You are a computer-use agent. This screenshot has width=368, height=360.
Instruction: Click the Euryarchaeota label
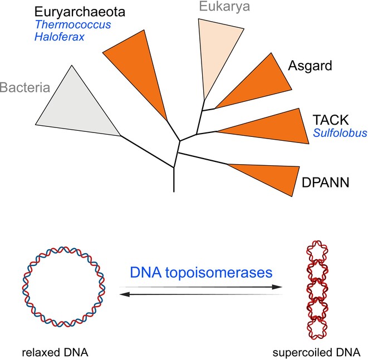pyautogui.click(x=80, y=12)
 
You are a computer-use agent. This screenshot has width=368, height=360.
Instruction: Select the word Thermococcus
pyautogui.click(x=73, y=24)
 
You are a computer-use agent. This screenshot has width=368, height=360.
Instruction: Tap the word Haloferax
pyautogui.click(x=60, y=37)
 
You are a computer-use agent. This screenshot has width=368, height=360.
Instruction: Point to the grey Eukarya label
pyautogui.click(x=224, y=7)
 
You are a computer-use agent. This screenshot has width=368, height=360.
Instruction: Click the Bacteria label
pyautogui.click(x=25, y=87)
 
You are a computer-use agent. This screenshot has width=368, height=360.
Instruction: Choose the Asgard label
pyautogui.click(x=310, y=66)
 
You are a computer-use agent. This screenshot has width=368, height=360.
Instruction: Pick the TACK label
pyautogui.click(x=331, y=120)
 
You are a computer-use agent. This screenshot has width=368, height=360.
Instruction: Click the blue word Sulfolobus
pyautogui.click(x=340, y=133)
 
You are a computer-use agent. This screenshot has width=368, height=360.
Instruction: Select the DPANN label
pyautogui.click(x=326, y=183)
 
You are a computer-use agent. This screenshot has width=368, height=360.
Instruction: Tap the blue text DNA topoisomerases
pyautogui.click(x=201, y=273)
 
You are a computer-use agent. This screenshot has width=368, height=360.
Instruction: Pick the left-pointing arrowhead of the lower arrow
pyautogui.click(x=125, y=294)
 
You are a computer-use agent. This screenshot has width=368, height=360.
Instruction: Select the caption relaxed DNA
pyautogui.click(x=55, y=353)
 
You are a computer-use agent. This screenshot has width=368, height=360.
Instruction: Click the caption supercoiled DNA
pyautogui.click(x=316, y=353)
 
